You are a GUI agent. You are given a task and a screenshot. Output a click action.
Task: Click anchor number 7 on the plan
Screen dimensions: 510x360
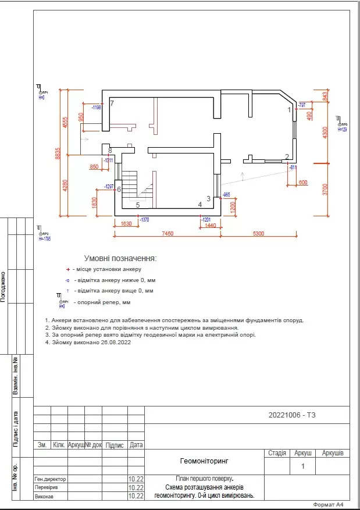point(112,104)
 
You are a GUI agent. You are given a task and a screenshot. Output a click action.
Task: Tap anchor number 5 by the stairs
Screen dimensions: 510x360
point(138,205)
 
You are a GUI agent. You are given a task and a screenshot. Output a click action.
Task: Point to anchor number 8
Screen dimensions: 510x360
point(110,151)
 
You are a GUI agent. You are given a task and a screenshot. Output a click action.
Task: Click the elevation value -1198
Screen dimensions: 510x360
point(96,108)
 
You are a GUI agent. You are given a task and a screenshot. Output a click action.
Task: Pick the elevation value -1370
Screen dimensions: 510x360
point(145,219)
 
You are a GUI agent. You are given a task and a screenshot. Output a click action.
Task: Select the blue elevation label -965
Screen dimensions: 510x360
point(226,194)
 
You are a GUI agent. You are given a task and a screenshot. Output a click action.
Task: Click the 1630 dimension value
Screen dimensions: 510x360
point(126,223)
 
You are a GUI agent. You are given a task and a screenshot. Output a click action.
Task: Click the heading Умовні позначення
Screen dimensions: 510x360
point(120,258)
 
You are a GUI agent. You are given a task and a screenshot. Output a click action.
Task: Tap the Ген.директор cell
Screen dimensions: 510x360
point(51,479)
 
